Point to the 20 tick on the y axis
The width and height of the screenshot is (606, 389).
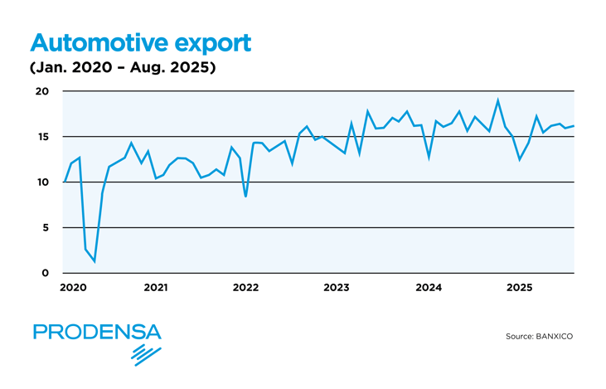[43, 91]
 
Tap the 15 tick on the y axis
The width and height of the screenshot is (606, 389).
[43, 137]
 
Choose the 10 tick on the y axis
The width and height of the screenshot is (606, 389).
[43, 182]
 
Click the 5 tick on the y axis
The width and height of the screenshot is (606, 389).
[46, 228]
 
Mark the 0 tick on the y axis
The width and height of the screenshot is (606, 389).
[46, 273]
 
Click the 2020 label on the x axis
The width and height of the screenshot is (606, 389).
[72, 288]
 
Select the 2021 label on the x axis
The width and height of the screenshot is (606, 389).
[156, 288]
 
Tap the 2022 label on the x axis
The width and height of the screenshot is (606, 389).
[246, 288]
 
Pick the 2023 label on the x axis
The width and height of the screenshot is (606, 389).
[337, 288]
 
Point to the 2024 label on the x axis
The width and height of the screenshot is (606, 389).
[428, 288]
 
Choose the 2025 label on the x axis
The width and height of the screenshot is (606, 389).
[519, 288]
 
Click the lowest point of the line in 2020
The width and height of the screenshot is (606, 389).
[95, 261]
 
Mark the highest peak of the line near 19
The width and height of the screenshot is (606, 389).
[498, 100]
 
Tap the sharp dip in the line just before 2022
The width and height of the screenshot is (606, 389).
[245, 196]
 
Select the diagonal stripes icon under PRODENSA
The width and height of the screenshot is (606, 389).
[147, 355]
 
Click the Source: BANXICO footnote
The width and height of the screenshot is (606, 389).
[539, 337]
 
